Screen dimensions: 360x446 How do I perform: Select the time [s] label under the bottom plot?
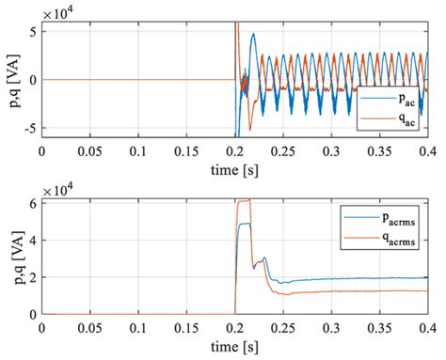click(x=234, y=349)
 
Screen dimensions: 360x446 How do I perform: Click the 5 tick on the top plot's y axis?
click(x=33, y=33)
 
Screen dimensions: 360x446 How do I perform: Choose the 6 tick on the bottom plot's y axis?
click(x=33, y=202)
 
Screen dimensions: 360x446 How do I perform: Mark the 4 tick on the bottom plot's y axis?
click(x=33, y=240)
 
